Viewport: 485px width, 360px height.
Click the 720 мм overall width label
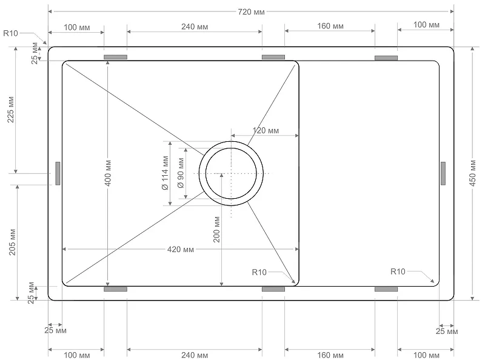(251, 12)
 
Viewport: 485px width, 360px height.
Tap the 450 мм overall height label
(473, 173)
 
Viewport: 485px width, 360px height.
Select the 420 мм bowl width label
(181, 249)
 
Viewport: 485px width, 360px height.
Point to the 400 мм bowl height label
(108, 173)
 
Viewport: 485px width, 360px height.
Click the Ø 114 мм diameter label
(165, 173)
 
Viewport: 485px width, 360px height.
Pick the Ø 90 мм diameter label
(181, 173)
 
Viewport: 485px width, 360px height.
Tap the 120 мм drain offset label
(266, 130)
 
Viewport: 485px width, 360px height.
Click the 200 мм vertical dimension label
(216, 229)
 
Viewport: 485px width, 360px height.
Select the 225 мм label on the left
(11, 110)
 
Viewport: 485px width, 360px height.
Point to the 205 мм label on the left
(12, 242)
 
